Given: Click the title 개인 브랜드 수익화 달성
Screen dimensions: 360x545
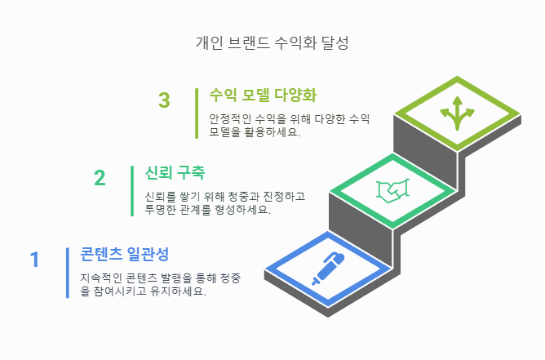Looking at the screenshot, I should [272, 42].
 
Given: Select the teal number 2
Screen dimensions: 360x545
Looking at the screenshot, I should [100, 179].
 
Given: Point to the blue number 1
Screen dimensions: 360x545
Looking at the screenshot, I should [34, 260].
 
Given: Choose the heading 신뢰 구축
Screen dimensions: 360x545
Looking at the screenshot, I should [174, 172].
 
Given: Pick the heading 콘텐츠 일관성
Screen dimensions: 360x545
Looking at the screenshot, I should [124, 253].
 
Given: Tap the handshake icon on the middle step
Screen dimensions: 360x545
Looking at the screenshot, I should [392, 190].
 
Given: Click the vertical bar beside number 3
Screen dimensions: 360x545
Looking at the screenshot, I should [197, 113].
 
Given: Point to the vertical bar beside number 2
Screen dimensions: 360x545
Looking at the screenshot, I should [132, 191].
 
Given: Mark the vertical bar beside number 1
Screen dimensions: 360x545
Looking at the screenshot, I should [68, 273].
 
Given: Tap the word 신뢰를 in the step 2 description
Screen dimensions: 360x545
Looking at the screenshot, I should [161, 197].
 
